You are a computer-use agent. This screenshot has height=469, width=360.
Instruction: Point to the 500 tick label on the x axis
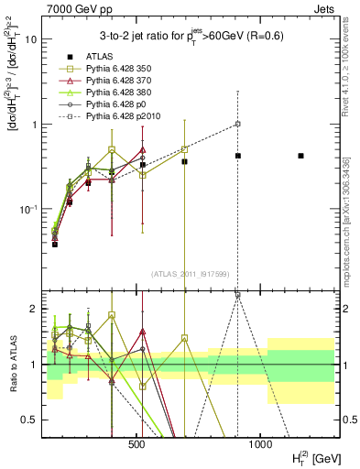(x=137, y=445)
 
